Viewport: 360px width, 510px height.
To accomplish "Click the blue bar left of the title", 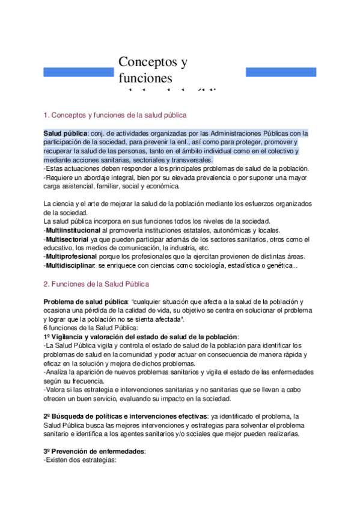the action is tap(79, 72).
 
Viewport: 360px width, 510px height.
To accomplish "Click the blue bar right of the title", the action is tap(281, 72).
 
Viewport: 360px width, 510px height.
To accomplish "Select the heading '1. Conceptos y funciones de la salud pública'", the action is tap(115, 114).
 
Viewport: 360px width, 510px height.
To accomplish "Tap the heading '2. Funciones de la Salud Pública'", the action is tap(97, 283).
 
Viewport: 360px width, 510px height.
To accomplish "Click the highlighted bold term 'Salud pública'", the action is tap(66, 133).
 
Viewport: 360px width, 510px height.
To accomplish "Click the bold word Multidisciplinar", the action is tap(71, 265).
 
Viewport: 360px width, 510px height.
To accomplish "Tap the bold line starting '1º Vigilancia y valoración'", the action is tap(142, 337).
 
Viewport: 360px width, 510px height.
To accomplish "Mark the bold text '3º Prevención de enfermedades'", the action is tap(95, 451).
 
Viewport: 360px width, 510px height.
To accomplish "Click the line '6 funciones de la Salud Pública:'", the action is tap(91, 328).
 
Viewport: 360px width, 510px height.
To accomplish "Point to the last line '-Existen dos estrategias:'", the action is tap(80, 460).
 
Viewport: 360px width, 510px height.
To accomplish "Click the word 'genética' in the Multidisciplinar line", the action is tap(279, 265).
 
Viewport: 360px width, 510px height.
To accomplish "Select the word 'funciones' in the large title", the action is tap(145, 79).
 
